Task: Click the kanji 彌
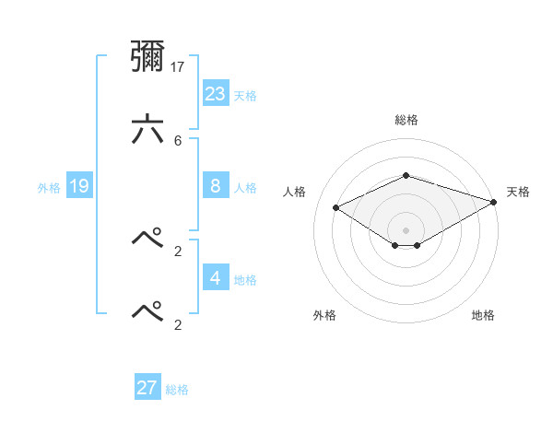tap(147, 58)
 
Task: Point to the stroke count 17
tap(179, 66)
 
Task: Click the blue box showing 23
tap(216, 93)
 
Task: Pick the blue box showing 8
tap(216, 186)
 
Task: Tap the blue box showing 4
tap(216, 277)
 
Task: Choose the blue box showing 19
tap(79, 186)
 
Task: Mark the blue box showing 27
tap(147, 388)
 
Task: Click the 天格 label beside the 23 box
tap(245, 95)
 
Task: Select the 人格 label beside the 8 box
tap(245, 188)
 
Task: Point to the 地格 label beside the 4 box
tap(245, 279)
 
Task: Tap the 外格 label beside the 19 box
tap(49, 188)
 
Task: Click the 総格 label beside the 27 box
tap(177, 390)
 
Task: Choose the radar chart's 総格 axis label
tap(406, 120)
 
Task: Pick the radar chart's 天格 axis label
tap(518, 192)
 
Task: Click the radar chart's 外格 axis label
tap(324, 315)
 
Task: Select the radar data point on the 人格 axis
tap(336, 207)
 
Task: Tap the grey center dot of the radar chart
tap(406, 229)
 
